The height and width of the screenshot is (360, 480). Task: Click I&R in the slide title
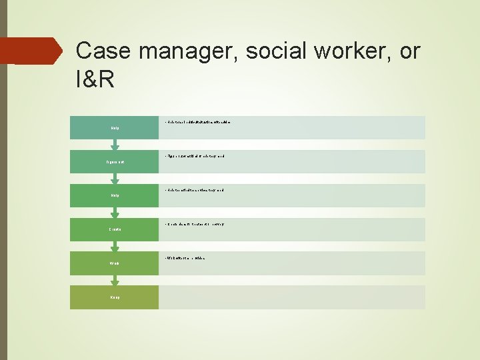95,81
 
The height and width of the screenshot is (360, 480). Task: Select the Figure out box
114,161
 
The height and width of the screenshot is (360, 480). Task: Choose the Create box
114,229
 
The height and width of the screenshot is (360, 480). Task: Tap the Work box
114,263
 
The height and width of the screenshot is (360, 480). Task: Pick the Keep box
114,297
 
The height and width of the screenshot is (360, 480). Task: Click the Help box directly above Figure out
114,127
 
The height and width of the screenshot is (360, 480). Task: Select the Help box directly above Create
114,195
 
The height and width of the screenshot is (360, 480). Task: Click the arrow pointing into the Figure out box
115,144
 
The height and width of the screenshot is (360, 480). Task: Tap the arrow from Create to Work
115,246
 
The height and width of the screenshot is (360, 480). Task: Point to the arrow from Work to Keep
115,280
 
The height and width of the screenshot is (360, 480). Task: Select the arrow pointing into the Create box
115,212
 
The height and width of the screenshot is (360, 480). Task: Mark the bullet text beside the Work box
184,258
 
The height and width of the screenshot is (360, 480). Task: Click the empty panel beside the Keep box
291,297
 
